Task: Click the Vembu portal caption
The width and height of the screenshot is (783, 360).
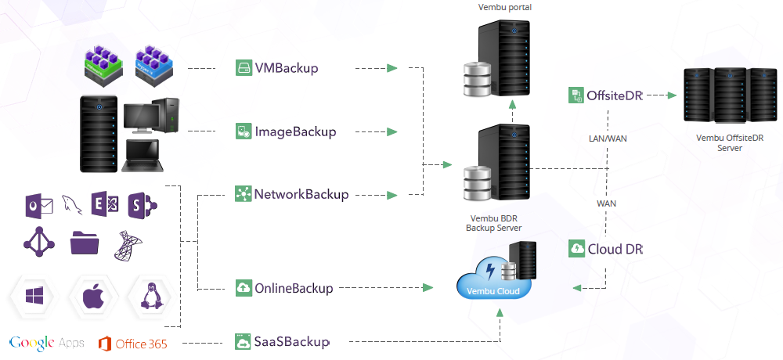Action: click(x=504, y=7)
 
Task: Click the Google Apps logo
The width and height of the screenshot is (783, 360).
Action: click(x=46, y=343)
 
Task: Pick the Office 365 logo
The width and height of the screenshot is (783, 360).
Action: click(x=133, y=343)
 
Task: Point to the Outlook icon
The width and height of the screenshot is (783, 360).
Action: click(x=38, y=206)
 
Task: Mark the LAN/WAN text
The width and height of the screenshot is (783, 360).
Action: click(x=608, y=139)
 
